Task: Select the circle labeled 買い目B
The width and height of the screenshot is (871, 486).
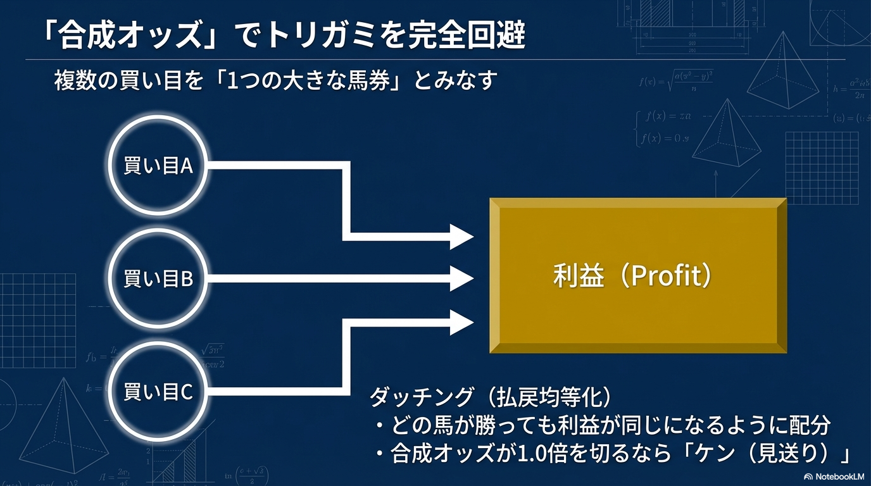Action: click(158, 278)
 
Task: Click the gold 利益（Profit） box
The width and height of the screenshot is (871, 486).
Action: click(638, 275)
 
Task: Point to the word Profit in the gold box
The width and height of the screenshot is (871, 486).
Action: click(665, 276)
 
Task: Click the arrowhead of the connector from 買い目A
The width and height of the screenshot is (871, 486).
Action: click(462, 237)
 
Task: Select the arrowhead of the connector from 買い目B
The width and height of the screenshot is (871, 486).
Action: click(462, 278)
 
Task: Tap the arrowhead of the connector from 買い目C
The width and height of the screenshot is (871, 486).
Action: click(462, 322)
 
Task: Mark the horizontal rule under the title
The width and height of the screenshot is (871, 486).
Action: click(435, 59)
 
